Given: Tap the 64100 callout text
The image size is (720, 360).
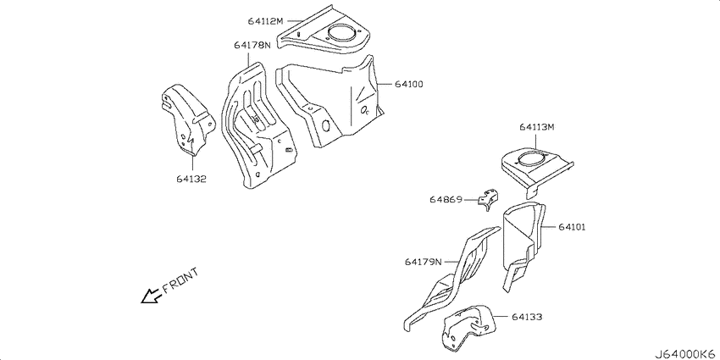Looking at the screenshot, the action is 407,85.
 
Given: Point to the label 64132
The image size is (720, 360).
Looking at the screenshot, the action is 191,179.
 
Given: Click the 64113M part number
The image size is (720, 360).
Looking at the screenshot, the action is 537,127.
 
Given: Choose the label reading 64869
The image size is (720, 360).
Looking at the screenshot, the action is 445,200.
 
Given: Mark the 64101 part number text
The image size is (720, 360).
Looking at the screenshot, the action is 572,227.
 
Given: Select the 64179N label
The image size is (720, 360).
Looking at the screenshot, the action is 423,262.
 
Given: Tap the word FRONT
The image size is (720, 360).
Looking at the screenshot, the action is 180,280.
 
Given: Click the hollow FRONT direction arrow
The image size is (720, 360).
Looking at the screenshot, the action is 151,296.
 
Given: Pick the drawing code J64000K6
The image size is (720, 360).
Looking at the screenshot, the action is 686,354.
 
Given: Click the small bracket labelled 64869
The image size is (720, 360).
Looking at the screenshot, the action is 487,199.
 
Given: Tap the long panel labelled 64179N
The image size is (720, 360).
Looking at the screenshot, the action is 452,280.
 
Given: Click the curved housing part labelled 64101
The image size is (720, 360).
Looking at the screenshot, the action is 523,239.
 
